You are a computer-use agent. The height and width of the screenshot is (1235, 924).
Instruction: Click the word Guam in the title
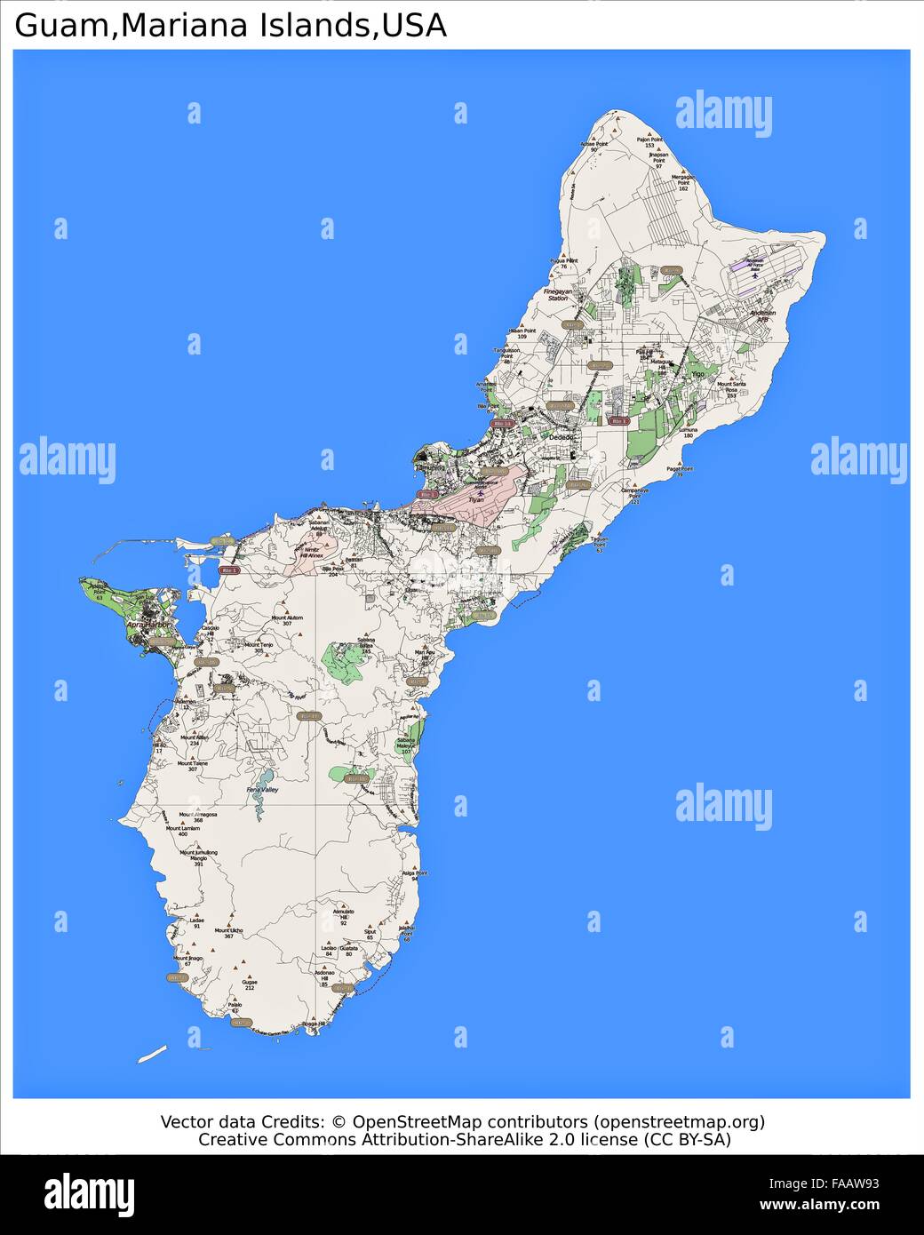60,26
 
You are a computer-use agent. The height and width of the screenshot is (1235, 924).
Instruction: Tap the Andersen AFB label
762,315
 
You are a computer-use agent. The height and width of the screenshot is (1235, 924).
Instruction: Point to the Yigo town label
697,374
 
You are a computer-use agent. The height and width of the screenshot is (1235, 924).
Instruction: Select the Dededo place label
561,438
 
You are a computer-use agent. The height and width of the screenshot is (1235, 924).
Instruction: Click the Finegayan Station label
558,294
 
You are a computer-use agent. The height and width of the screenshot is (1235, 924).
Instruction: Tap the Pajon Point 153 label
649,142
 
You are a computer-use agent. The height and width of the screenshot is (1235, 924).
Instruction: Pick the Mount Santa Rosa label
730,388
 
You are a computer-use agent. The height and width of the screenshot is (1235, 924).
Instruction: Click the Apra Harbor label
147,625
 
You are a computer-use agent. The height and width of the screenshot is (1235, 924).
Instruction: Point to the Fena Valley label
263,789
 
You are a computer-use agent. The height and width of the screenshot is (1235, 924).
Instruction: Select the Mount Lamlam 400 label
183,831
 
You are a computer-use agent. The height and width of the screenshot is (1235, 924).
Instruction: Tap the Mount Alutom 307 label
287,620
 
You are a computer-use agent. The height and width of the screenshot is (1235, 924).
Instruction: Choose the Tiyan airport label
476,499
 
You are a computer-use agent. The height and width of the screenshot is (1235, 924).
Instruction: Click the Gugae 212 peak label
250,984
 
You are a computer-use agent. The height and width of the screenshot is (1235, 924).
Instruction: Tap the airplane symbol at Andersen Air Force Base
754,274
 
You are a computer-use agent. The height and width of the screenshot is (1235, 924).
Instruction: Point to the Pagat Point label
680,471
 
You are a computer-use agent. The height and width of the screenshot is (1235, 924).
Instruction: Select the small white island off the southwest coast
152,1055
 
